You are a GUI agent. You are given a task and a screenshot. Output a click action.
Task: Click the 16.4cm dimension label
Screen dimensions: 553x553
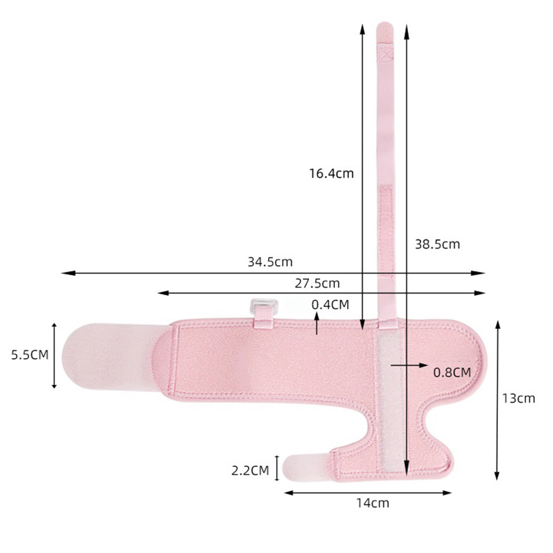tap(331, 173)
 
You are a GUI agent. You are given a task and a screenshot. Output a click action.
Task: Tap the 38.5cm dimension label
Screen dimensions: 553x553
tap(437, 244)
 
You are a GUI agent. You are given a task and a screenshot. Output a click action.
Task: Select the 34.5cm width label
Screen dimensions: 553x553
tap(270, 262)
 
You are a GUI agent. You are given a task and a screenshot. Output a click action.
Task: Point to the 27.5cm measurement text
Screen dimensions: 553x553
tap(317, 283)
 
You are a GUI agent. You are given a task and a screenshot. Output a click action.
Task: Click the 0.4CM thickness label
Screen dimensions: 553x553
tap(331, 304)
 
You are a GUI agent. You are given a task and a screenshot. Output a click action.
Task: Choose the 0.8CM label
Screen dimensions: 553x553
tap(452, 372)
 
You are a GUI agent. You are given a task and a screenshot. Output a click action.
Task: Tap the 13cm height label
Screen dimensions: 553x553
tap(518, 398)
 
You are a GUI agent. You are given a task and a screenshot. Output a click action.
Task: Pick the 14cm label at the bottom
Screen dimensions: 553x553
tap(373, 503)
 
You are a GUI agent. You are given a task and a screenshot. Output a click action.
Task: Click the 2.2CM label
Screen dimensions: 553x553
tap(250, 470)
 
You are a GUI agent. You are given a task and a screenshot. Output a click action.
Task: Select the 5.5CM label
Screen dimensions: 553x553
tap(30, 354)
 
